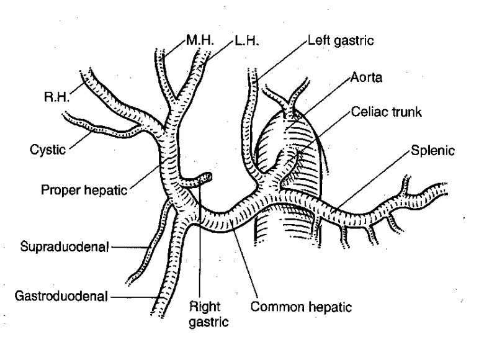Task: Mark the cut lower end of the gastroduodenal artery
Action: coord(159,313)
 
